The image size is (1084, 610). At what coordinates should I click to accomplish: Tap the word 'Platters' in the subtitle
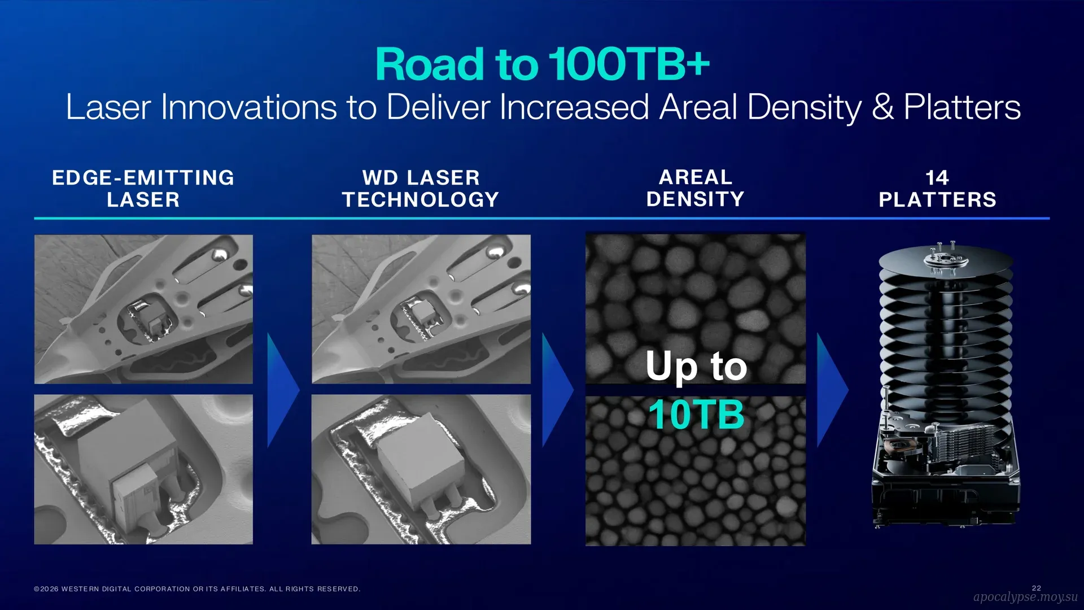pyautogui.click(x=962, y=107)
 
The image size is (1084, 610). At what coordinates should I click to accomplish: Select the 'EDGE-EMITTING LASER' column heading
pyautogui.click(x=143, y=189)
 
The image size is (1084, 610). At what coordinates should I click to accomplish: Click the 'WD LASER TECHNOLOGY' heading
pyautogui.click(x=421, y=189)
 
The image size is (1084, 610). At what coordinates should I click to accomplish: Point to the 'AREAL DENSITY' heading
pyautogui.click(x=696, y=188)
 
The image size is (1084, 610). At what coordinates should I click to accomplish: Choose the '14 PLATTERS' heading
pyautogui.click(x=938, y=189)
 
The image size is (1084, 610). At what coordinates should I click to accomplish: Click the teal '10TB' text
pyautogui.click(x=696, y=415)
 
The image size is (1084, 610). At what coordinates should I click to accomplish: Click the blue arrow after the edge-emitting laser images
pyautogui.click(x=283, y=390)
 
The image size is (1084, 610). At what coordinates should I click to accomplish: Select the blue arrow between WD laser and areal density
pyautogui.click(x=558, y=390)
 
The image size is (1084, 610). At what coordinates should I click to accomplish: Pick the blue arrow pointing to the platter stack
pyautogui.click(x=833, y=390)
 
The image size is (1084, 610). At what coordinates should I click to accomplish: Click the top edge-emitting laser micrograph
pyautogui.click(x=143, y=310)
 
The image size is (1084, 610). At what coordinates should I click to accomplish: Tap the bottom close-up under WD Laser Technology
pyautogui.click(x=421, y=469)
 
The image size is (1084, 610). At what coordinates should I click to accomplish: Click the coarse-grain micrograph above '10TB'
pyautogui.click(x=696, y=308)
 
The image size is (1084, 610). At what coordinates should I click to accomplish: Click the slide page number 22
pyautogui.click(x=1037, y=588)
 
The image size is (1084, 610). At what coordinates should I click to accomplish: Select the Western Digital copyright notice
pyautogui.click(x=197, y=589)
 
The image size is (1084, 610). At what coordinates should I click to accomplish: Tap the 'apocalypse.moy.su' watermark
pyautogui.click(x=1025, y=597)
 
